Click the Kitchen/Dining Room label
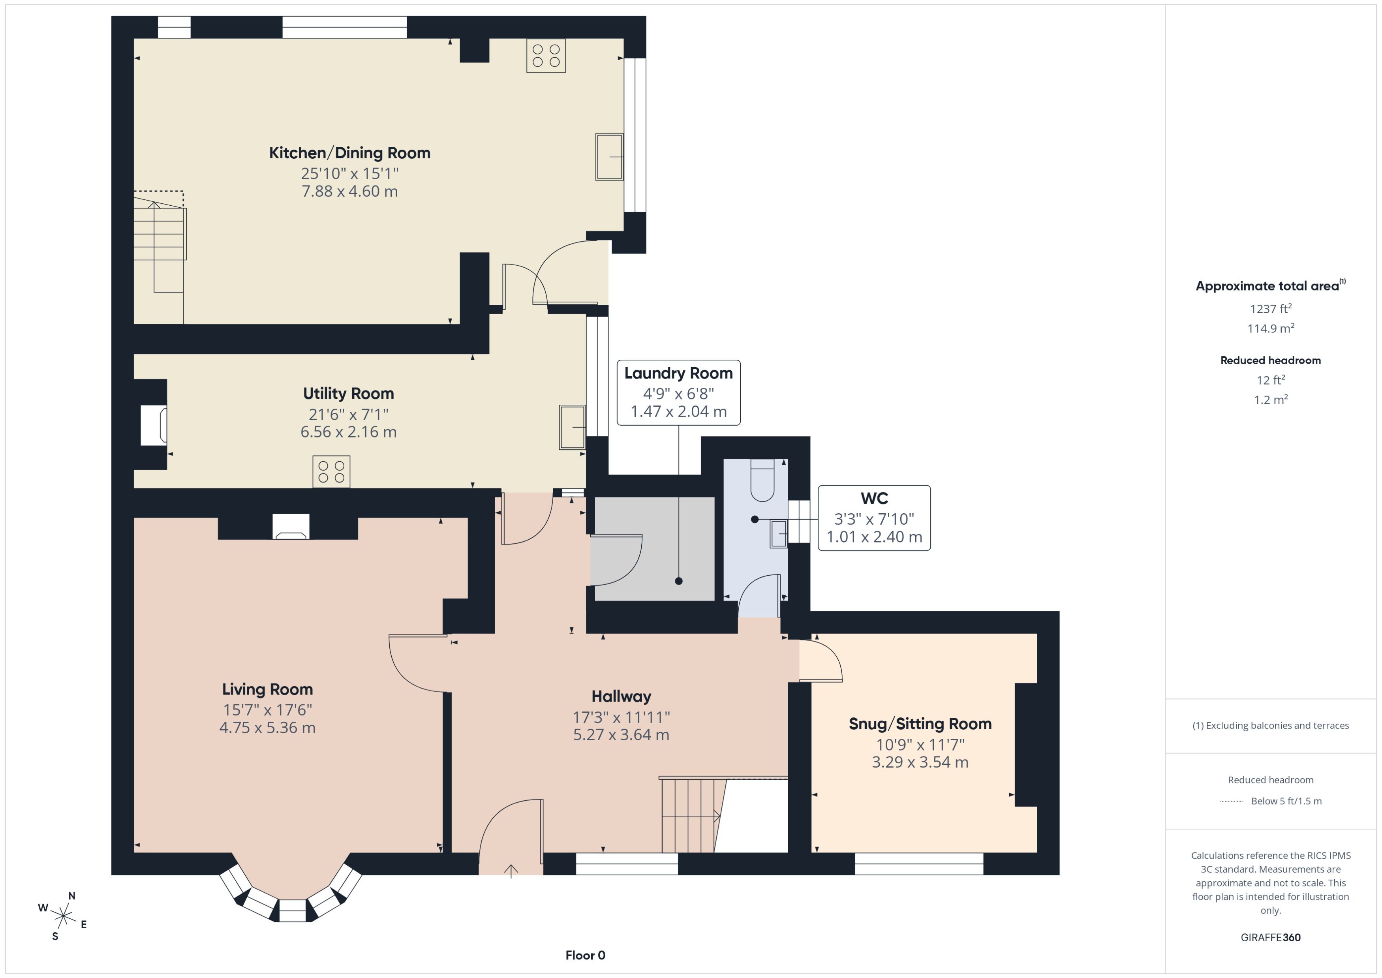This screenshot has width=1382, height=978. pos(349,153)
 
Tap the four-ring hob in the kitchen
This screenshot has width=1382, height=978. pos(546,55)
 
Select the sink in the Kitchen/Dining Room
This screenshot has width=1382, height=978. pos(609,157)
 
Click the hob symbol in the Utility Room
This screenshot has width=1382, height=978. pos(331,471)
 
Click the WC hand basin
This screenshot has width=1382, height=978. pos(778,533)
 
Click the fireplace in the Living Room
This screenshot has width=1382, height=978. pos(291,527)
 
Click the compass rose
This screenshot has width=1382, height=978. pos(63,916)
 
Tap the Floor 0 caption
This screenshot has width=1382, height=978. pos(585,955)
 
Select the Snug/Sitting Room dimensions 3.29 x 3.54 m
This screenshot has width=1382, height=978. pos(920,762)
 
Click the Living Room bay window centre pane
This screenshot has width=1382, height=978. pos(293,910)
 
